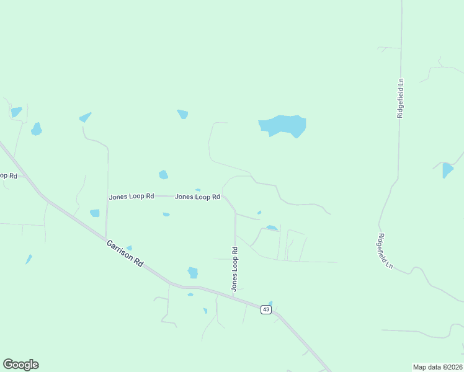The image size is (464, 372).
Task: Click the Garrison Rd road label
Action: click(125, 254)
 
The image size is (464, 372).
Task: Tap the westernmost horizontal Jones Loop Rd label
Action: click(132, 197)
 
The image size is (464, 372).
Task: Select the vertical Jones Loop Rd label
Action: click(234, 269)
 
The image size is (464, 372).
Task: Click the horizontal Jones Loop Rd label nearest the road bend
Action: click(198, 197)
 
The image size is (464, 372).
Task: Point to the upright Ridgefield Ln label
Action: click(401, 98)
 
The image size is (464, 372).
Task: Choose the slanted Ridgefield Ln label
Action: click(385, 250)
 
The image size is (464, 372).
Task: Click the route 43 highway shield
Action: click(265, 309)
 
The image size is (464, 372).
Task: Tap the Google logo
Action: click(20, 365)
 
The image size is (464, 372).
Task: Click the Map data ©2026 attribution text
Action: click(437, 367)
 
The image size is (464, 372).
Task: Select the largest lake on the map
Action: click(283, 125)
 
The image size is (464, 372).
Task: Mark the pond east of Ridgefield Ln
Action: click(447, 170)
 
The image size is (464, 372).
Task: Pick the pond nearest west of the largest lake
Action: click(182, 114)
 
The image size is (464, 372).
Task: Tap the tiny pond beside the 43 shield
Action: click(270, 303)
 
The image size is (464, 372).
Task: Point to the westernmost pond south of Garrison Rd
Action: click(28, 259)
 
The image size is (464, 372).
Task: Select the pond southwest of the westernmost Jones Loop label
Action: click(94, 213)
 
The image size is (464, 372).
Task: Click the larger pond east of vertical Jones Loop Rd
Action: click(271, 228)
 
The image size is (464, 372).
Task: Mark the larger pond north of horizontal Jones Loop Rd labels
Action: click(163, 175)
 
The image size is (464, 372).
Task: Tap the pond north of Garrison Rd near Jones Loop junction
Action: click(193, 272)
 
